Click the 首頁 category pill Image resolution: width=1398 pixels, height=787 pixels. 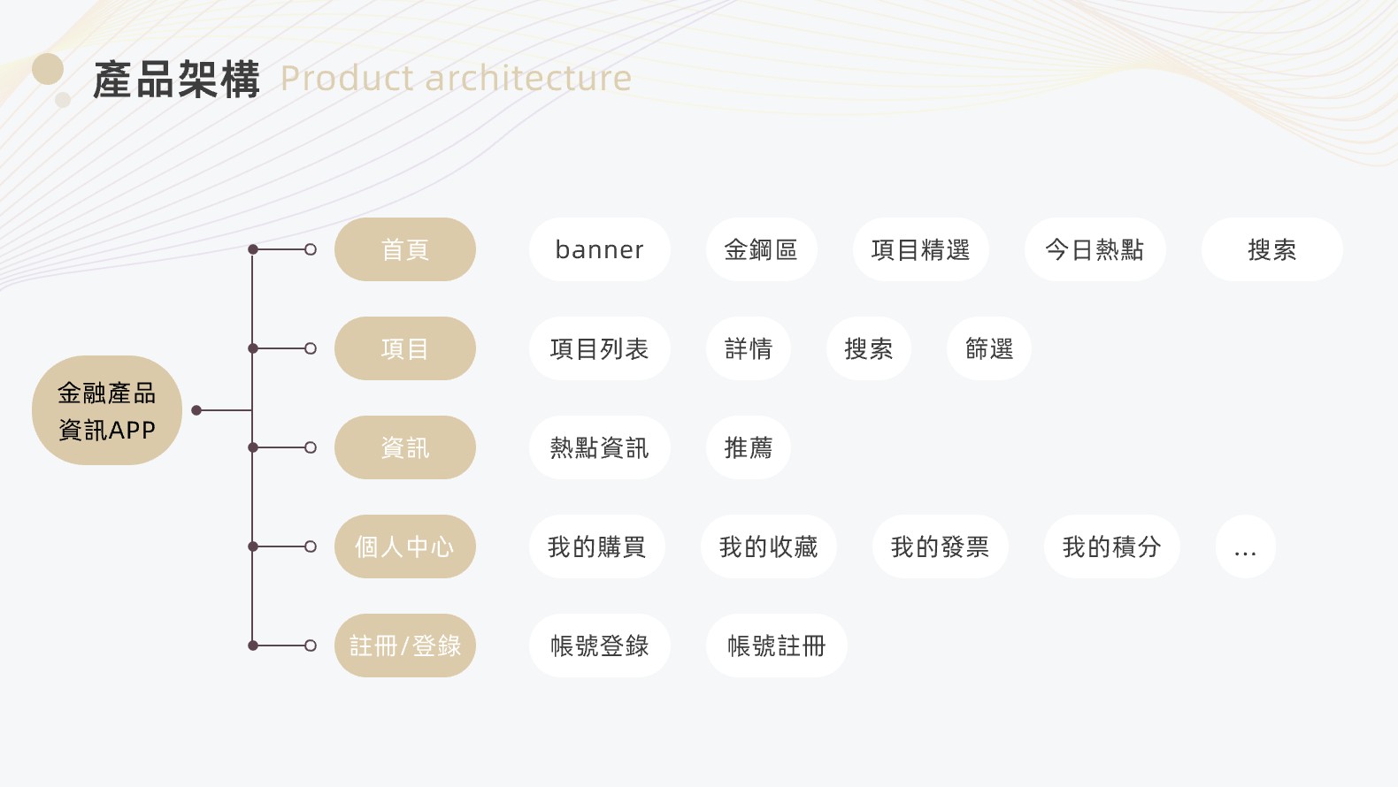click(405, 249)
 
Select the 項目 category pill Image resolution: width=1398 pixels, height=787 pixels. click(405, 348)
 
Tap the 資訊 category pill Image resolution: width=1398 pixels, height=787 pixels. click(405, 447)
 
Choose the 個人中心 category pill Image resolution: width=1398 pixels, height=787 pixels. click(405, 546)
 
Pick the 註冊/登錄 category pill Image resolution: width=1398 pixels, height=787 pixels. click(405, 646)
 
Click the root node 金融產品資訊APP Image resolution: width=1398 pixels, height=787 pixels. click(107, 410)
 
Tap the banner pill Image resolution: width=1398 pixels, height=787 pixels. click(600, 249)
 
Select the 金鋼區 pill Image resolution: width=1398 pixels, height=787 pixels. click(762, 249)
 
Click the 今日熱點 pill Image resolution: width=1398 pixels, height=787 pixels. click(1095, 249)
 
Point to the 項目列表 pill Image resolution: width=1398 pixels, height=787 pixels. click(600, 348)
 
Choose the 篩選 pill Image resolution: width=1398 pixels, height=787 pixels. click(989, 348)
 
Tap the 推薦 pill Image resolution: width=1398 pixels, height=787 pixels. click(749, 447)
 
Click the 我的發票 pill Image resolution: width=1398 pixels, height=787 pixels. click(941, 546)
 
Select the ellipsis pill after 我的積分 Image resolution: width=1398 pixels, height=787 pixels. click(1246, 546)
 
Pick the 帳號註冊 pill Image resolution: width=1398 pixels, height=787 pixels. click(776, 646)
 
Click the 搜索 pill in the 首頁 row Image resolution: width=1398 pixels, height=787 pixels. click(1272, 249)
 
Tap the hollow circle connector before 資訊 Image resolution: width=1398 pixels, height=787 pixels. click(311, 447)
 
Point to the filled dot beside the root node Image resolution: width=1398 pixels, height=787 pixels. click(196, 410)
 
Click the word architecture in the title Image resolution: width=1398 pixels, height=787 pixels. click(528, 79)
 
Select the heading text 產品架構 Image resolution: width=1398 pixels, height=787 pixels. click(177, 80)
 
